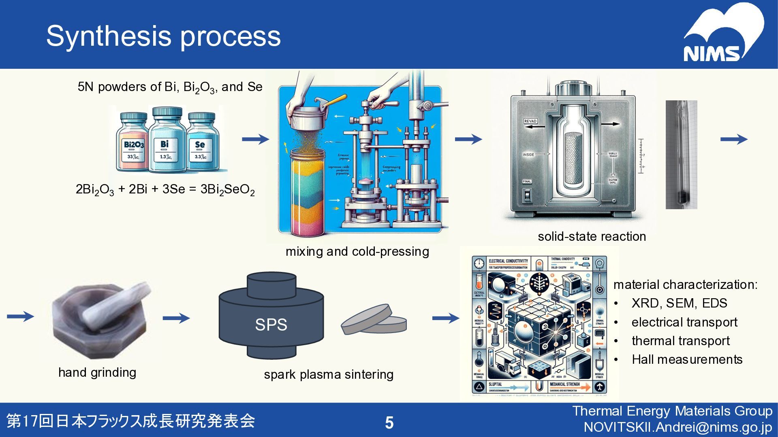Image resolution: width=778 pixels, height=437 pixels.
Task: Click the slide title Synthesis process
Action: coord(163,36)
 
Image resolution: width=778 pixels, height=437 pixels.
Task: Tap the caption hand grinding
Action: coord(97,372)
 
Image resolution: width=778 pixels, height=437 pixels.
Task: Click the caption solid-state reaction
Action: coord(592,236)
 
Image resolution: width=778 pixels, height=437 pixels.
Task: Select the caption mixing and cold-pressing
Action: coord(357,251)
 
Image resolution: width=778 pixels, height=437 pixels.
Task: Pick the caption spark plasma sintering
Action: coord(329,374)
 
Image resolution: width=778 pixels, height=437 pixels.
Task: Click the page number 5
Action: coord(389,422)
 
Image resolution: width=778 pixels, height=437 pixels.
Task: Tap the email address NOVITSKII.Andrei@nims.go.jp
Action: coord(678,427)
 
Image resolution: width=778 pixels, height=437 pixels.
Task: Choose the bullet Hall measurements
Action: coord(687,359)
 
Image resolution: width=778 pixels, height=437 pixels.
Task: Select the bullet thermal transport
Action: coord(680,341)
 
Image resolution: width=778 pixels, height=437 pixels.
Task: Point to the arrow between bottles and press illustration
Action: coord(255,139)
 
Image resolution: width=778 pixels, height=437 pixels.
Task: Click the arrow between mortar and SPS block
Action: coord(176,318)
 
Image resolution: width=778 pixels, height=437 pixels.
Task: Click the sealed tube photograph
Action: coord(681,155)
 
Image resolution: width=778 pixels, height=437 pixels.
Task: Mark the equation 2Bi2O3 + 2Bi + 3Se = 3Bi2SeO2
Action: coord(165,189)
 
